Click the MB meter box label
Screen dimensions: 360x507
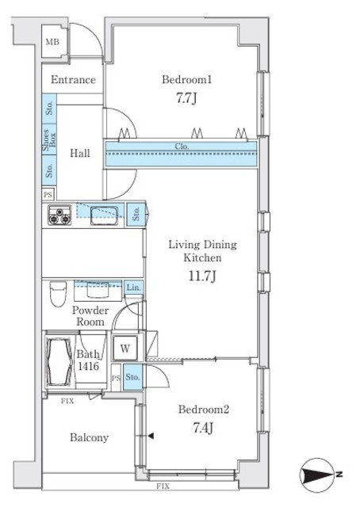click(x=52, y=42)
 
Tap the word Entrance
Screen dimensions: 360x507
click(x=73, y=79)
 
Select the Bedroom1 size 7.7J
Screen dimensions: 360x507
click(x=186, y=97)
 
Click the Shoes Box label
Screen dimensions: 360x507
click(x=49, y=140)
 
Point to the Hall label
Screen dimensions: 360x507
click(x=80, y=153)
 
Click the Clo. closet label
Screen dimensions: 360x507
click(x=182, y=146)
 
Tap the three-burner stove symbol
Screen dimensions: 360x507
click(x=60, y=215)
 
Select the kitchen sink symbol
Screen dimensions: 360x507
click(x=104, y=215)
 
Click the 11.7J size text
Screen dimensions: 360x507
click(x=202, y=276)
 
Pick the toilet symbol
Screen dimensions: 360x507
click(x=58, y=294)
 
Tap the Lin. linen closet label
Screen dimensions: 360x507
click(x=134, y=287)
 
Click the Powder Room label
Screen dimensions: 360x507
click(x=90, y=316)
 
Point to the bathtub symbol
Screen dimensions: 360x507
click(x=59, y=361)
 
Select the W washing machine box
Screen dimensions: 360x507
click(x=125, y=349)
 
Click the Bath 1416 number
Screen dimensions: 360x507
click(x=88, y=366)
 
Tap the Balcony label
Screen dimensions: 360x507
click(x=89, y=437)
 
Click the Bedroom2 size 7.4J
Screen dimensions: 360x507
click(x=203, y=428)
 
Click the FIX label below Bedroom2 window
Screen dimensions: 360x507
click(x=163, y=486)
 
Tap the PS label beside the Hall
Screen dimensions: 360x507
click(x=48, y=195)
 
